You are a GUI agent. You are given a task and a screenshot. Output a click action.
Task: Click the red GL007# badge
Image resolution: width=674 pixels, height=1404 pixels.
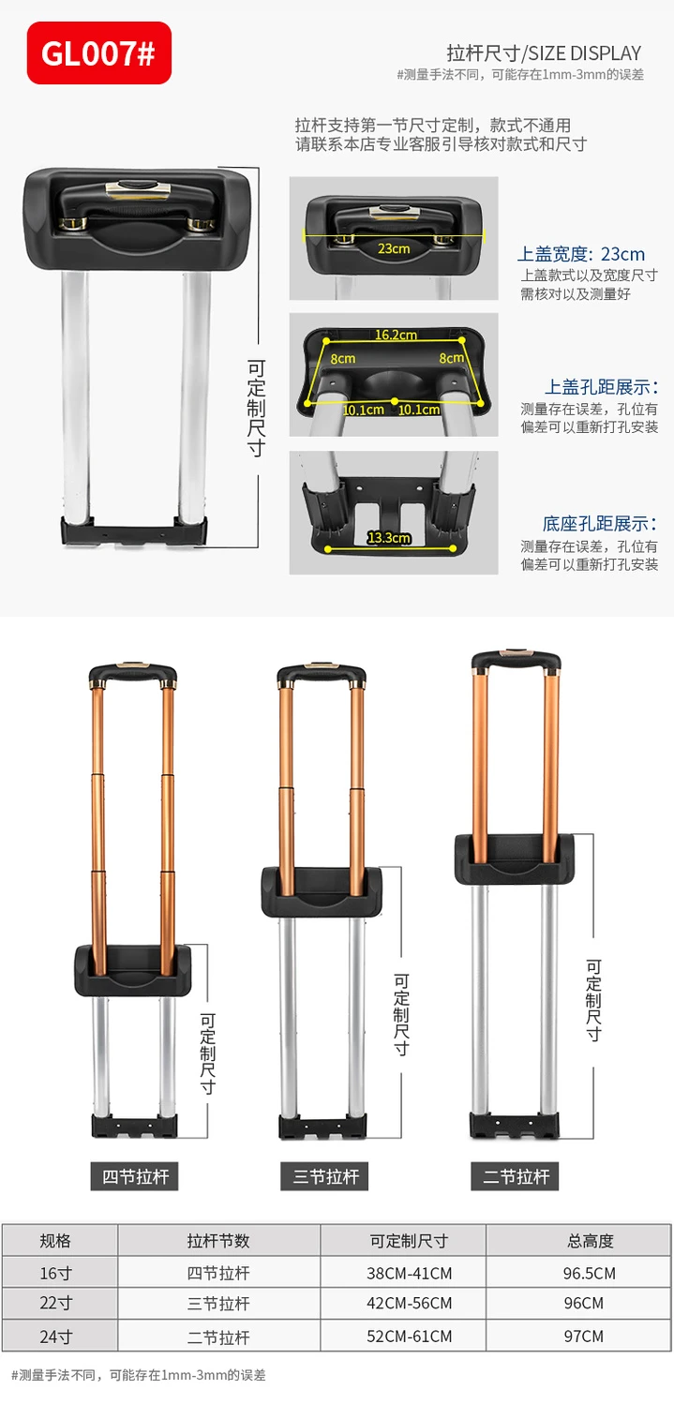(x=99, y=52)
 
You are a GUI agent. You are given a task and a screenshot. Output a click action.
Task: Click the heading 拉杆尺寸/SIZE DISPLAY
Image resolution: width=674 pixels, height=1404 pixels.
(x=544, y=53)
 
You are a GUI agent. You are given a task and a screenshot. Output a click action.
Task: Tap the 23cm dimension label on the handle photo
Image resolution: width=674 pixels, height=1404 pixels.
(x=394, y=248)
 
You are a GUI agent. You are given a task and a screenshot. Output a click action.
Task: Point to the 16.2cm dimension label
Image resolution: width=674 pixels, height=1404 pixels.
(x=396, y=335)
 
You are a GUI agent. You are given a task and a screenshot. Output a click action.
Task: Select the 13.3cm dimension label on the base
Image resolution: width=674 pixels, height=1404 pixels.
(x=389, y=538)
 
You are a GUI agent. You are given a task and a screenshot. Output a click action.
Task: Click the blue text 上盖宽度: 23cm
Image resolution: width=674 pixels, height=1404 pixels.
(x=580, y=254)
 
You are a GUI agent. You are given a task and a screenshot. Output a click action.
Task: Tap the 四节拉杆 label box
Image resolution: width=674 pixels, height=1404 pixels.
(x=135, y=1176)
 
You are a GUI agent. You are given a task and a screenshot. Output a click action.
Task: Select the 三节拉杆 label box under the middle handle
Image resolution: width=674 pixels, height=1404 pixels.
(x=324, y=1176)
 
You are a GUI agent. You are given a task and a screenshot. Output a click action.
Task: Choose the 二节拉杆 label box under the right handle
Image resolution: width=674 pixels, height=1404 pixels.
(x=515, y=1176)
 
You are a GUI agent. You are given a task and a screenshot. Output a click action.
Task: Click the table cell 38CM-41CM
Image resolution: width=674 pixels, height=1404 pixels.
(x=409, y=1274)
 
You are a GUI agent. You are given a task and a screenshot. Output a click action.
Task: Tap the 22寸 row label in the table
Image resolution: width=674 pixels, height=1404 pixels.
(x=56, y=1303)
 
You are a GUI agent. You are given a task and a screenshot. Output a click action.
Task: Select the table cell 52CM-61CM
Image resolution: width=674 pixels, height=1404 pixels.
(x=409, y=1337)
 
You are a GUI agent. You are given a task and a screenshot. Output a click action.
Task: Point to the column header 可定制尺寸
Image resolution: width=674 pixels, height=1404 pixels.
(x=409, y=1240)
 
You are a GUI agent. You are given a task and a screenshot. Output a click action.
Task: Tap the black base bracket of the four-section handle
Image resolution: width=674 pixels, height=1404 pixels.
(x=134, y=1127)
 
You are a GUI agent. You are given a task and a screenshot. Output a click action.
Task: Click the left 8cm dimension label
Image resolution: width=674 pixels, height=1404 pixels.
(x=343, y=359)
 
